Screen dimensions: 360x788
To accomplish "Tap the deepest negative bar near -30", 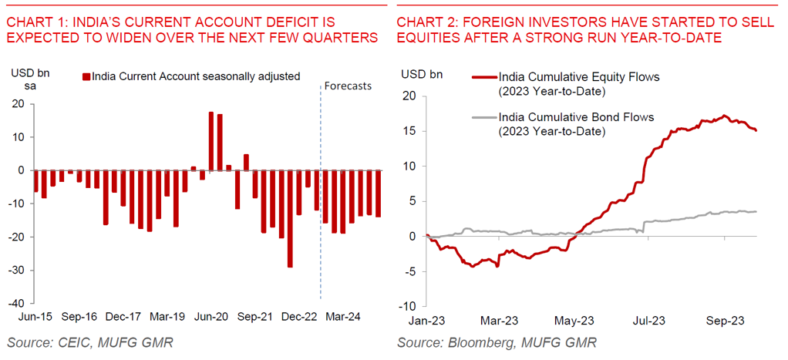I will click(290, 219).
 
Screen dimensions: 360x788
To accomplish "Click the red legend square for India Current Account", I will click(86, 76).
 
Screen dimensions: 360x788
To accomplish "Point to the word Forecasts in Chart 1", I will click(348, 86).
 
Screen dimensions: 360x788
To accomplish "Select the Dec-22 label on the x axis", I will click(299, 316).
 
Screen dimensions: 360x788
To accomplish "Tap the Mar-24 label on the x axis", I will click(343, 316).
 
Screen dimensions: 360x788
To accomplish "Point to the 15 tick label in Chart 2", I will click(410, 131).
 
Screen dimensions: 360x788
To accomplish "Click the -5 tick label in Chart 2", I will click(411, 271).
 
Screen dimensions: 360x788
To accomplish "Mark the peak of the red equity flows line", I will click(724, 116).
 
